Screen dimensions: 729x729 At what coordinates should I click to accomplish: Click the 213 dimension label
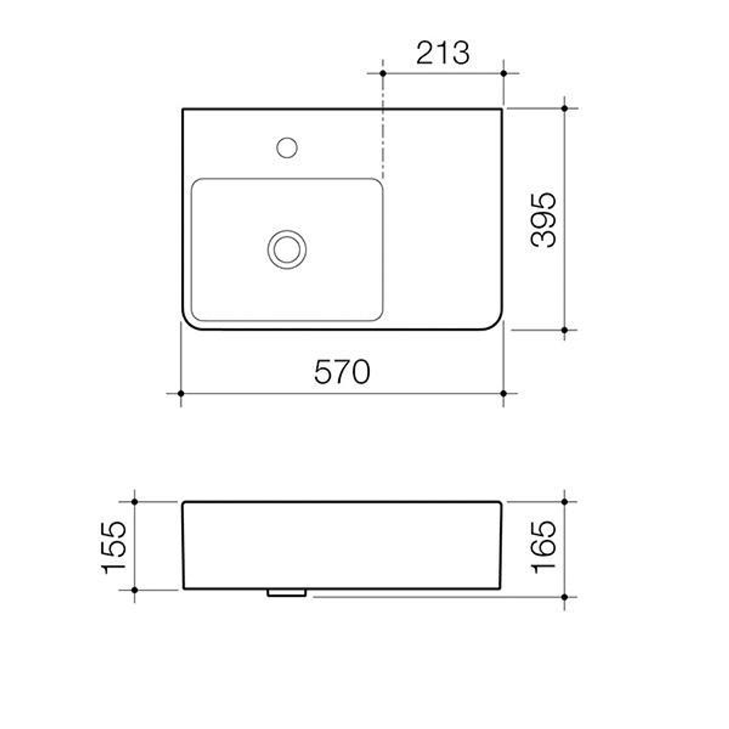coord(442,53)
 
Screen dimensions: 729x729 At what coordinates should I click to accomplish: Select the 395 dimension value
coord(544,219)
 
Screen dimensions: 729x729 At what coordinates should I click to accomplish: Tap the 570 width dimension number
coord(342,372)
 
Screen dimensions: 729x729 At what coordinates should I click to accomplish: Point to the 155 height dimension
coord(115,545)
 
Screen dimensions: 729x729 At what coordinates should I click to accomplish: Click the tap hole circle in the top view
coord(288,147)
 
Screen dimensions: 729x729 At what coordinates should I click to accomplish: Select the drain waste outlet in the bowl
coord(286,248)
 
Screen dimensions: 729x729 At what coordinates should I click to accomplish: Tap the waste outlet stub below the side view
coord(287,593)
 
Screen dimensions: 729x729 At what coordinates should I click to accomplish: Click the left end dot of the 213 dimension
coord(383,72)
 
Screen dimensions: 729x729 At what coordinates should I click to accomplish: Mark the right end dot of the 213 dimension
coord(504,72)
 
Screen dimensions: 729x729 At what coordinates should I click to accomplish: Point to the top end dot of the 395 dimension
coord(564,108)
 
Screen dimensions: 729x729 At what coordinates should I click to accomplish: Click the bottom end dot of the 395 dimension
coord(564,330)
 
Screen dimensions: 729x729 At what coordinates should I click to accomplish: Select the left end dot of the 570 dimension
coord(181,393)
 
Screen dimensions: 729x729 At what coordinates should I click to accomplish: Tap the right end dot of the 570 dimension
coord(504,393)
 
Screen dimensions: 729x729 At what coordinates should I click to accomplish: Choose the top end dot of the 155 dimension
coord(134,502)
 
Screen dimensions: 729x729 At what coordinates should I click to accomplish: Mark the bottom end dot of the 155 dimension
coord(134,589)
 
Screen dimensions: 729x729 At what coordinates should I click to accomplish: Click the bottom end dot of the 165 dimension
coord(564,597)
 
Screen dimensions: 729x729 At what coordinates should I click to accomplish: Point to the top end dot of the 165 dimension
coord(564,502)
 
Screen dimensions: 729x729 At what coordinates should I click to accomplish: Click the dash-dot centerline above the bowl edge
coord(383,142)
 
